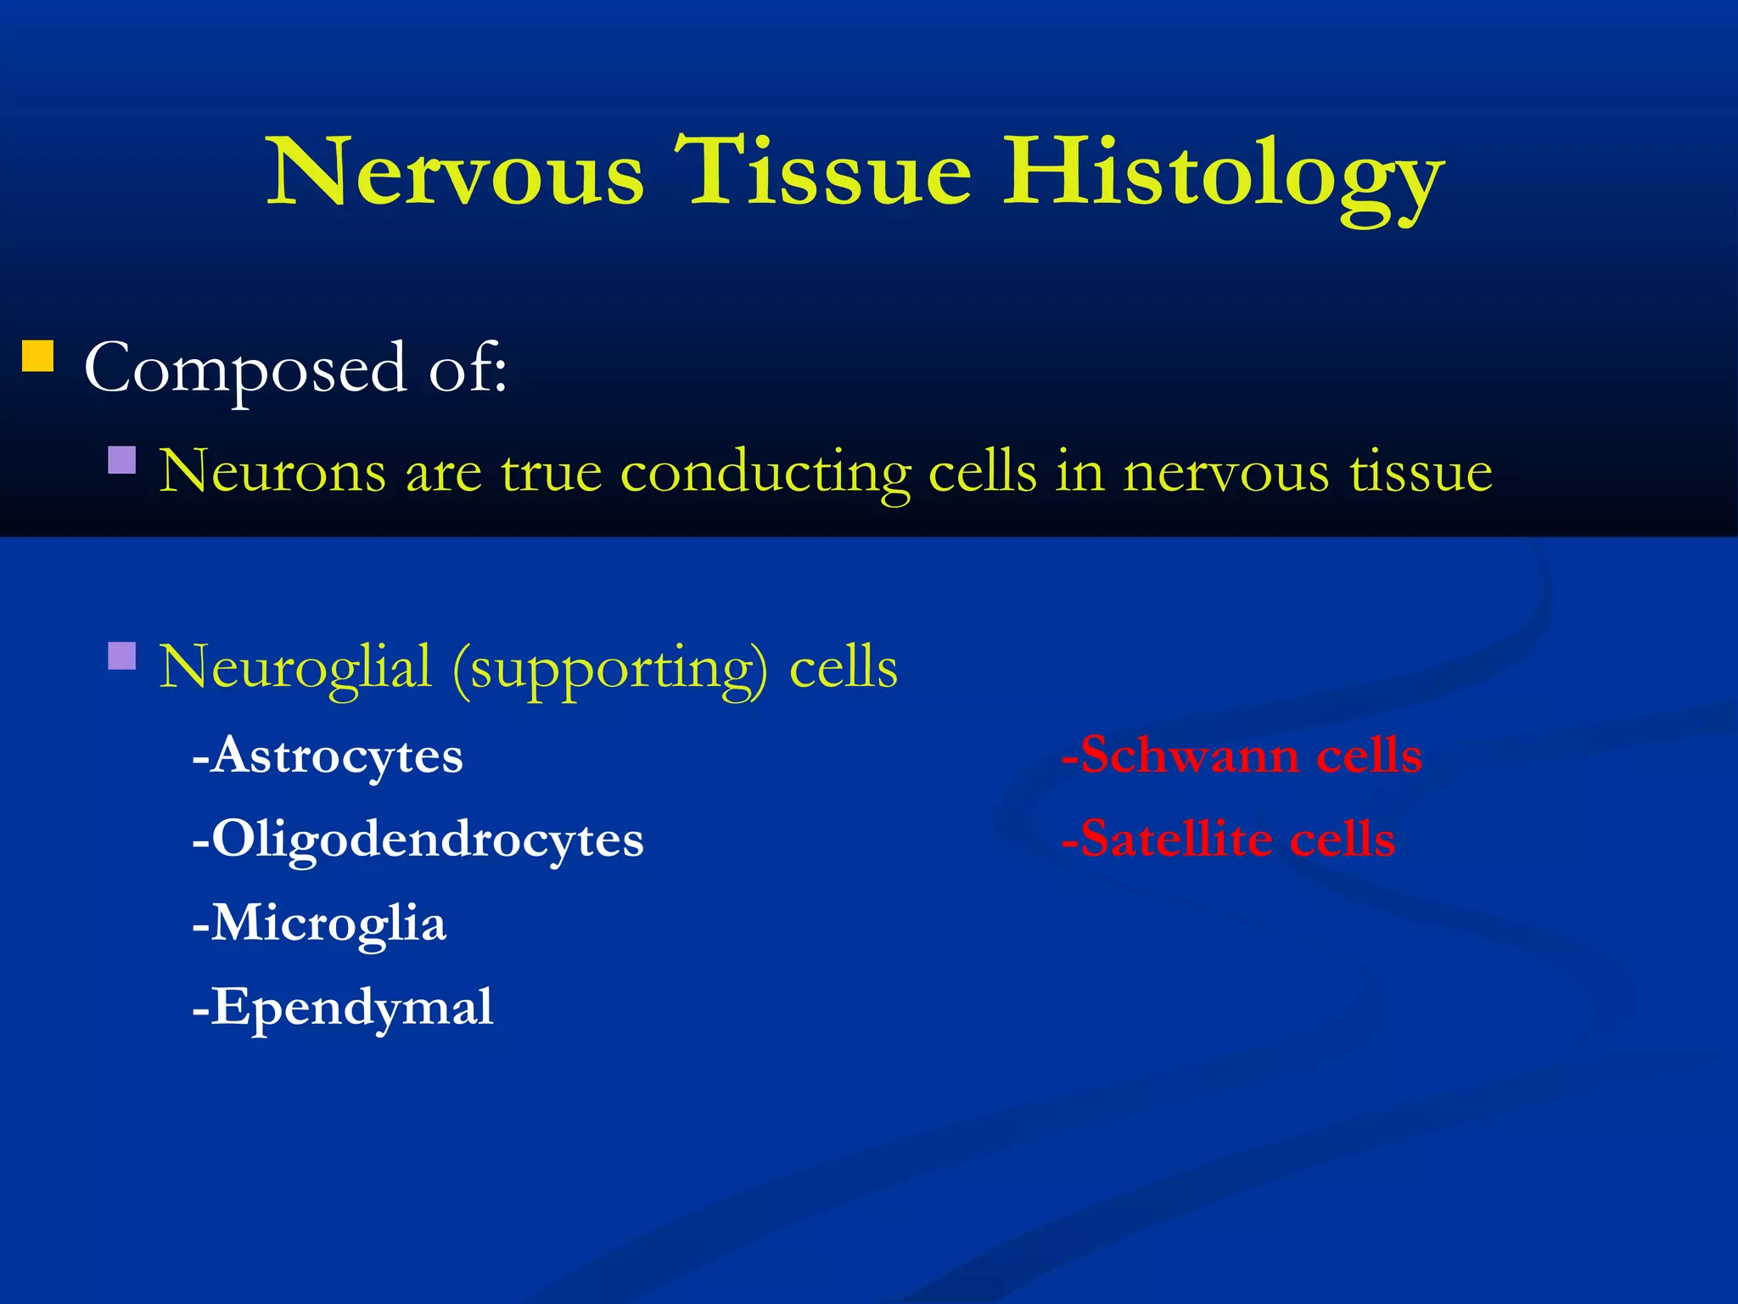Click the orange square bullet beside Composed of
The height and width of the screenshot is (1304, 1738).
(x=38, y=357)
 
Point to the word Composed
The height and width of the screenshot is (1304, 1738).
(x=246, y=370)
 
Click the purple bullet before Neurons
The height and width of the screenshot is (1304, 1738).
(x=122, y=460)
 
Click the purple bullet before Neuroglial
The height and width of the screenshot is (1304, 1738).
(x=122, y=656)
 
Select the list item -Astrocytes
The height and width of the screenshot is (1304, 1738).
(x=328, y=755)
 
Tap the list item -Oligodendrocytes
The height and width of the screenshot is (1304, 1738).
(x=418, y=840)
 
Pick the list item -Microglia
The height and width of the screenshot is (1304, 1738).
(x=319, y=924)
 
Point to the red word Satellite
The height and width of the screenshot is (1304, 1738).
(x=1175, y=839)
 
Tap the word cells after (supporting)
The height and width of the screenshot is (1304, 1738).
(x=843, y=667)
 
